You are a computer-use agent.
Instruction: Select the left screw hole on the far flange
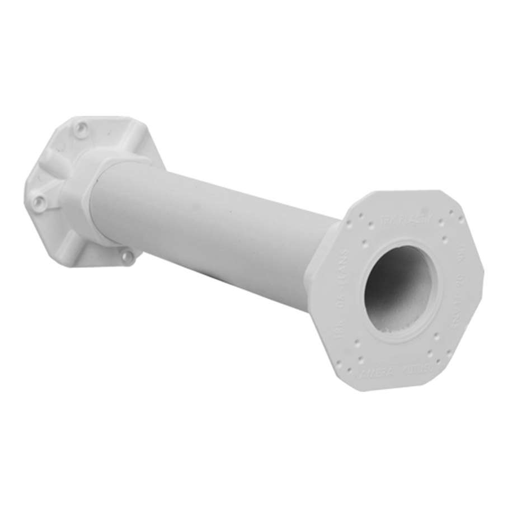coord(38,201)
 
